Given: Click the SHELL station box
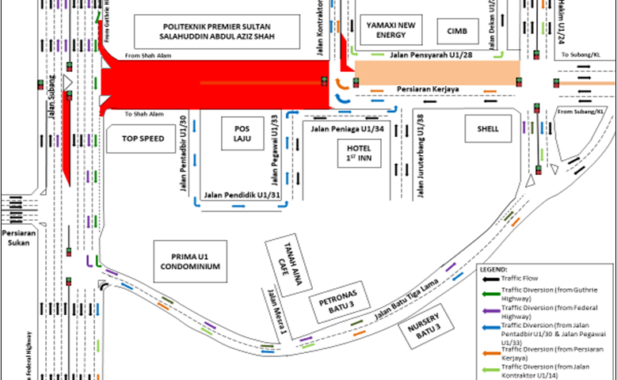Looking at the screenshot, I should (488, 128).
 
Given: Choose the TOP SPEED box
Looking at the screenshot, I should (143, 139).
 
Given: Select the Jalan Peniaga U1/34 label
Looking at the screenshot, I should (347, 128).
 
